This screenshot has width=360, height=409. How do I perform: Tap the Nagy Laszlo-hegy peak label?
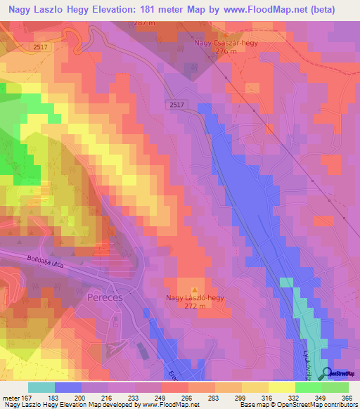[195, 298]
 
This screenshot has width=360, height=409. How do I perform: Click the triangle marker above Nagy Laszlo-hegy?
[195, 289]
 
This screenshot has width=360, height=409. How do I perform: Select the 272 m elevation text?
[195, 307]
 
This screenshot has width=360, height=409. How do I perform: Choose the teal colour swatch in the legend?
[41, 387]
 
